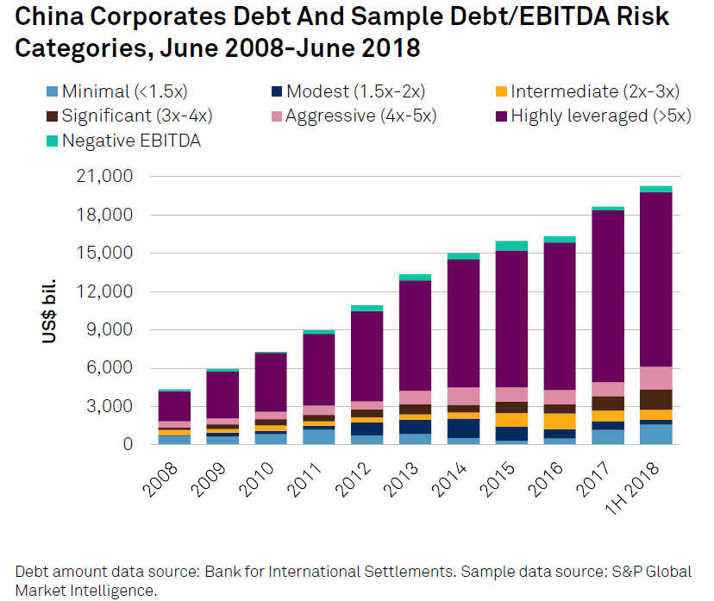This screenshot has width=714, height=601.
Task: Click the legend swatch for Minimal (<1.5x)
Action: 50,91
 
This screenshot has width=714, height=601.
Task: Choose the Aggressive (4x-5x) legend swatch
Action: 275,116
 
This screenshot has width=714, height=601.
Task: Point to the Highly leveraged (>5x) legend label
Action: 601,116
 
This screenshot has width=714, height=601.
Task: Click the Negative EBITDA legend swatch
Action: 50,140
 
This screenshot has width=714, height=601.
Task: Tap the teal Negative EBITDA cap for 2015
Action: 511,246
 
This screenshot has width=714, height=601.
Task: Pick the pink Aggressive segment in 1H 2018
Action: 656,378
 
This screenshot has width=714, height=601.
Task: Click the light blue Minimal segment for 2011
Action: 319,436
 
